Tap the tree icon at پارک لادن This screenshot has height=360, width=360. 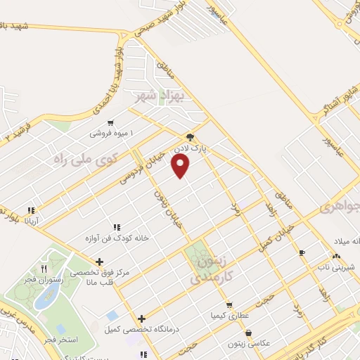click(x=190, y=138)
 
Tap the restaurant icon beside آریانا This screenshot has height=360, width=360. click(x=31, y=210)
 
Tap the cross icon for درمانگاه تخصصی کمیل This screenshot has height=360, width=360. click(x=142, y=319)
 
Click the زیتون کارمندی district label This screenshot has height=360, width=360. click(x=213, y=269)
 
